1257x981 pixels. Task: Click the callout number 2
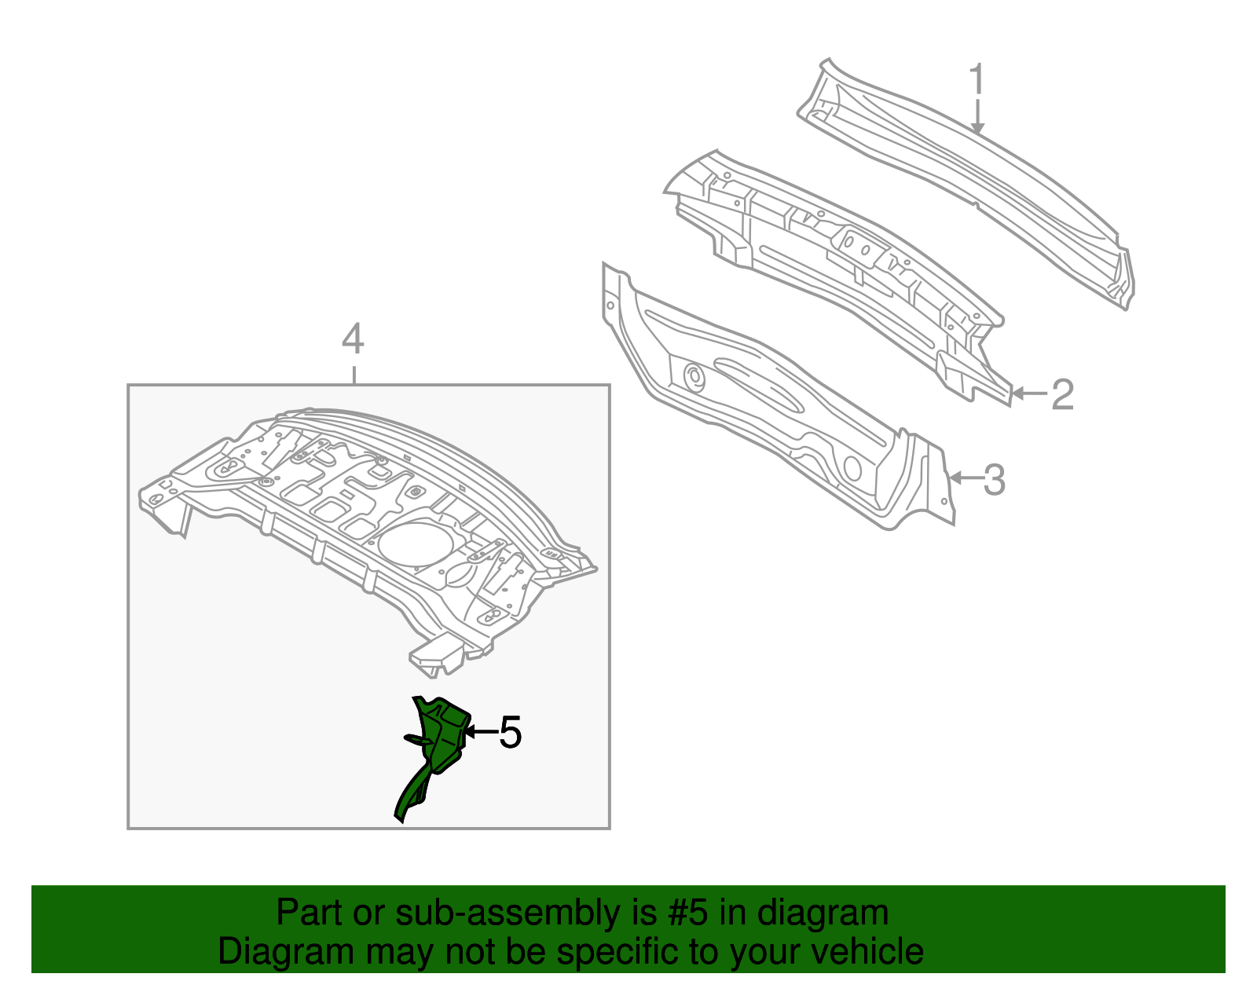(x=1062, y=394)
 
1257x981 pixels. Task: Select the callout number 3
(x=994, y=480)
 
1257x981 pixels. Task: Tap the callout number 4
(x=353, y=340)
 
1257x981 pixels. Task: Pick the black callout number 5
(x=510, y=733)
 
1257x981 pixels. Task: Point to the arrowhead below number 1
(x=977, y=127)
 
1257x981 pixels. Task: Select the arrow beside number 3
(x=963, y=477)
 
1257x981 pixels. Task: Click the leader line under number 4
(x=354, y=374)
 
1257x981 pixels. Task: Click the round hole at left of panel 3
(x=694, y=377)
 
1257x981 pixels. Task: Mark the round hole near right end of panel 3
(x=852, y=470)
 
